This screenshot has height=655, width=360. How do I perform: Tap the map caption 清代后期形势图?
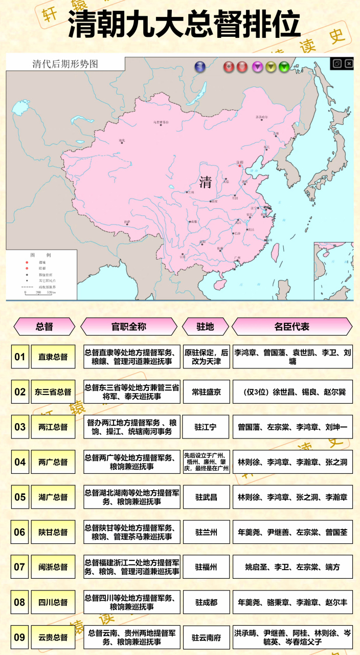[65, 64]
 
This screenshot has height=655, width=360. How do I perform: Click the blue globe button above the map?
[200, 67]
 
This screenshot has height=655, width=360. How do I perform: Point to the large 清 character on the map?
[206, 182]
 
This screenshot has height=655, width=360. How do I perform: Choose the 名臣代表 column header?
[292, 326]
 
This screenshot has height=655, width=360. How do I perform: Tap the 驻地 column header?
[205, 326]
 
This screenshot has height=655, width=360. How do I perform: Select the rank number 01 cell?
[20, 357]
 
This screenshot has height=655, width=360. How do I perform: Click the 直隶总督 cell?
[53, 357]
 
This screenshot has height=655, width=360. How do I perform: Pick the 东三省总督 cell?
[53, 392]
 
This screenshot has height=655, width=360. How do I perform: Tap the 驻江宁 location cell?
[206, 427]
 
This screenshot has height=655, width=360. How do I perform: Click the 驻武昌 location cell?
[206, 497]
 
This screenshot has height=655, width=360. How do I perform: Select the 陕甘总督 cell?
[53, 532]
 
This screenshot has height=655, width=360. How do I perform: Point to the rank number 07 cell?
[20, 567]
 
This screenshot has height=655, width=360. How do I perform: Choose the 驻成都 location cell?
[206, 602]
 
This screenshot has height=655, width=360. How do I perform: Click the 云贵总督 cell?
[53, 637]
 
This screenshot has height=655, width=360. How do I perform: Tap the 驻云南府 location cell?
[206, 637]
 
